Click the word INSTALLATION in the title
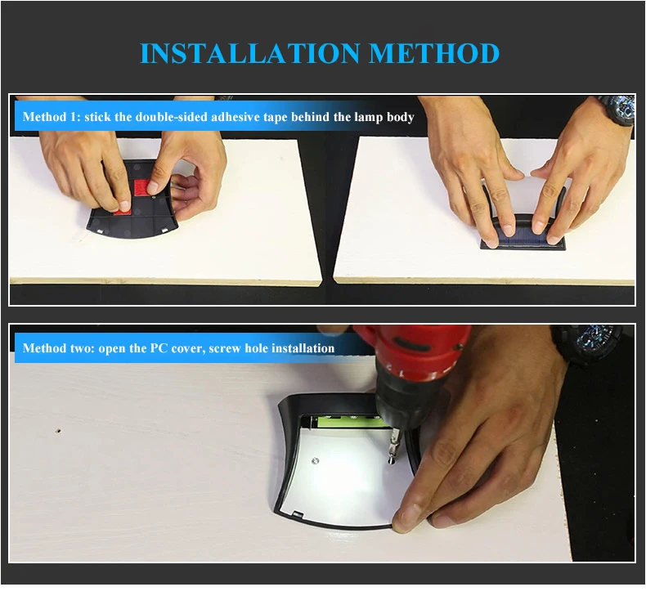[250, 53]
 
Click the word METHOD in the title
[434, 53]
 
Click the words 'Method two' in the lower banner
[58, 348]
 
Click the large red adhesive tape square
[142, 187]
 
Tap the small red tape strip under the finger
[123, 212]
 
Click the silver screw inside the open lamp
[316, 461]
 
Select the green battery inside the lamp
[351, 422]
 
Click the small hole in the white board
[59, 431]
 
